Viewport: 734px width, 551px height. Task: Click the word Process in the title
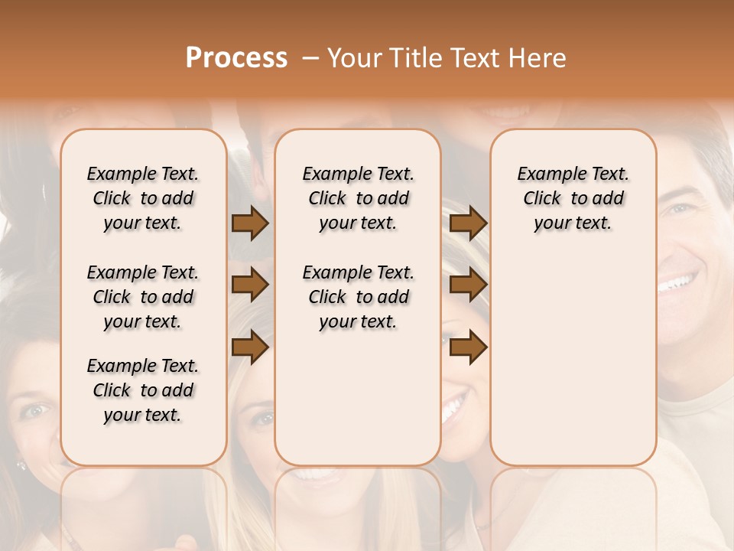pos(236,57)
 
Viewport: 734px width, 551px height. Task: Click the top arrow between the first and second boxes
pos(250,223)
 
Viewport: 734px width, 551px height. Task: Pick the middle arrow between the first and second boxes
pos(250,285)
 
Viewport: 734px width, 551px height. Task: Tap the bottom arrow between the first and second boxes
pos(250,347)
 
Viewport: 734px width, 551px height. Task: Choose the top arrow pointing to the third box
pos(468,223)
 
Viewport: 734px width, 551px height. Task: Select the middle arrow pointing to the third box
pos(468,285)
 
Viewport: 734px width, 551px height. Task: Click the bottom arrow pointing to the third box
pos(468,347)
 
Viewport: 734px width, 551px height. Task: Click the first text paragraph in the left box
pos(143,198)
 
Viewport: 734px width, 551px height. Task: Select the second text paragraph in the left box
pos(143,297)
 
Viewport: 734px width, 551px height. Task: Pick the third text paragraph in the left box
pos(143,390)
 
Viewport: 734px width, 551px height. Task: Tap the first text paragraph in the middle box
pos(358,198)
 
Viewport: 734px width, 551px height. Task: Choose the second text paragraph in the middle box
pos(358,297)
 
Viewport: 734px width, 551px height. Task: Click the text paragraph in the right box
pos(573,198)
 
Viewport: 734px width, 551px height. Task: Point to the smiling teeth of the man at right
pos(677,283)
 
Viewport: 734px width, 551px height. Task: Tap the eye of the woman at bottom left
pos(34,411)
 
